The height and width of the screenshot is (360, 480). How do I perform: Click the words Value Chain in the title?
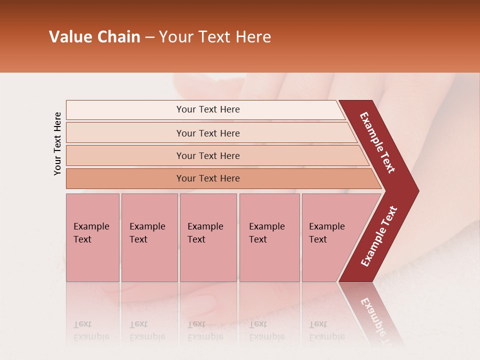(x=94, y=37)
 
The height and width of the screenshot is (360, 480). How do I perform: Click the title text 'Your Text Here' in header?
(x=215, y=37)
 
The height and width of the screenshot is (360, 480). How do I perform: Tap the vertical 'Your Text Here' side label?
(x=57, y=143)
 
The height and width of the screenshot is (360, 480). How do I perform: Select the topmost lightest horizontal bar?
(x=207, y=109)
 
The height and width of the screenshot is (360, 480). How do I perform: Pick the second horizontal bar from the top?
(x=207, y=133)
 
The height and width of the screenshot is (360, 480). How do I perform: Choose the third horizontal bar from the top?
(x=207, y=155)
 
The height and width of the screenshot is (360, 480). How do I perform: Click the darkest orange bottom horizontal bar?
(x=207, y=178)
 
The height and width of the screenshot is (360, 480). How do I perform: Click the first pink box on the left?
(x=92, y=237)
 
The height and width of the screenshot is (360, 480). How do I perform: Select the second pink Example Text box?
(x=149, y=237)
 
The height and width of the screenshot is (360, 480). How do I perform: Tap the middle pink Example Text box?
(x=208, y=237)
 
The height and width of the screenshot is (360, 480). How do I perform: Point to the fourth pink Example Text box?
(x=269, y=237)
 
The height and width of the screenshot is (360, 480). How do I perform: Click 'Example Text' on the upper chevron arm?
(x=377, y=142)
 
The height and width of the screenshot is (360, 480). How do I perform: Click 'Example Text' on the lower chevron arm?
(x=379, y=236)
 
